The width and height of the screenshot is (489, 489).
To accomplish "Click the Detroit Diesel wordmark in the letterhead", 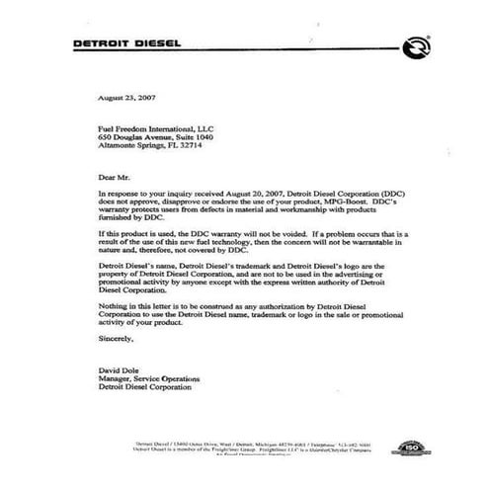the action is (140, 46).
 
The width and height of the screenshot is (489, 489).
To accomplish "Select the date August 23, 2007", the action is (125, 101).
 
